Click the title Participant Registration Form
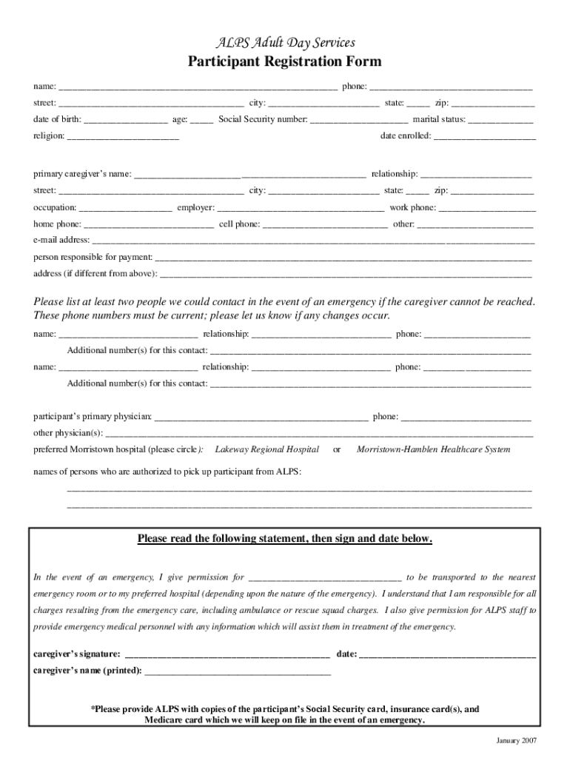(x=284, y=62)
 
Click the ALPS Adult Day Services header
(x=284, y=42)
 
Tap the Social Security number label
(x=263, y=119)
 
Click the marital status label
(x=439, y=119)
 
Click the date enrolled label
(x=406, y=136)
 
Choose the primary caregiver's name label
(x=82, y=175)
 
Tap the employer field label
(x=196, y=208)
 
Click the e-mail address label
(x=61, y=240)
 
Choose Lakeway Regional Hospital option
(x=267, y=449)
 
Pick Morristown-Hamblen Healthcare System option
(x=433, y=449)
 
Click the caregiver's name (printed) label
(x=87, y=671)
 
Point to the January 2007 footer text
(x=516, y=741)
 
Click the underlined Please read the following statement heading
(x=284, y=539)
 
